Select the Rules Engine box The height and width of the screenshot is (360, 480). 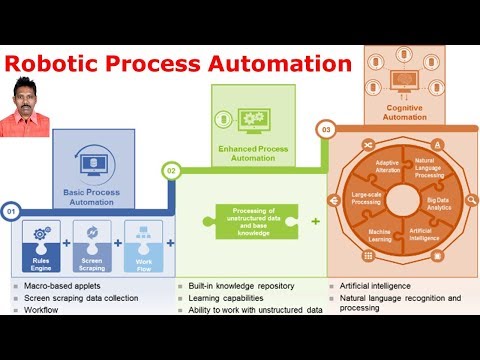pyautogui.click(x=42, y=244)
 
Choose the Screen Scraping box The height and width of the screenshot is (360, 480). pyautogui.click(x=91, y=244)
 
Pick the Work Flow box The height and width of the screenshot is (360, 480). pyautogui.click(x=142, y=244)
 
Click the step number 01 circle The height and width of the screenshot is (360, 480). pyautogui.click(x=12, y=211)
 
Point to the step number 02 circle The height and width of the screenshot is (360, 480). pyautogui.click(x=172, y=171)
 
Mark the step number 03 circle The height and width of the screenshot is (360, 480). pyautogui.click(x=326, y=129)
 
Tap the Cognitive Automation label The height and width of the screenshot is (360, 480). pyautogui.click(x=406, y=111)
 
